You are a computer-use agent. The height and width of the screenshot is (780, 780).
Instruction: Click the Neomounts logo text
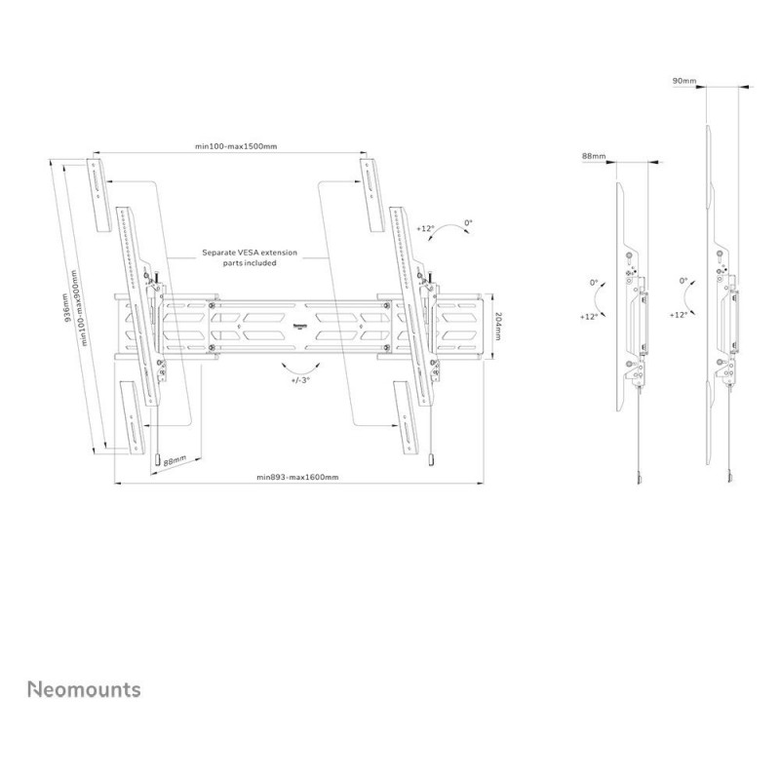point(84,689)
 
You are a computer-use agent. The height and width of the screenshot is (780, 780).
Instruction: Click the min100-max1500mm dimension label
point(236,146)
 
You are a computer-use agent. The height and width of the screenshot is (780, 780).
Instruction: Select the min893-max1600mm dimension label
point(297,477)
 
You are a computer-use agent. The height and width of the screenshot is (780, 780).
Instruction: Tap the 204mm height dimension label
point(498,327)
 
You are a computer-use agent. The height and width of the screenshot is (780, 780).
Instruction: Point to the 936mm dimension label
point(66,307)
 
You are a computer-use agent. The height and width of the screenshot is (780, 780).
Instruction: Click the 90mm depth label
point(684,81)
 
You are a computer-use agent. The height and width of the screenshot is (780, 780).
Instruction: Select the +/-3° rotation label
point(300,379)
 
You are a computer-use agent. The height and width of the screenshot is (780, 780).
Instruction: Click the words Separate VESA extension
point(250,253)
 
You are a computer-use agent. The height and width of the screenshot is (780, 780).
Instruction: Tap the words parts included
point(250,262)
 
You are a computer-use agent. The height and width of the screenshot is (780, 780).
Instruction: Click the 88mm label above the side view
point(594,156)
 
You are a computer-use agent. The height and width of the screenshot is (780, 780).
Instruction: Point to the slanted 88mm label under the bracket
point(175,460)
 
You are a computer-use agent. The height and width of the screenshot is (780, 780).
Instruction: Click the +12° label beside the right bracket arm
point(425,228)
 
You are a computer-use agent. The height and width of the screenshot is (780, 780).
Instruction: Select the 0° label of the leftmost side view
point(594,283)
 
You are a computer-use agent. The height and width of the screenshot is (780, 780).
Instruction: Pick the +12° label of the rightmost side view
point(678,315)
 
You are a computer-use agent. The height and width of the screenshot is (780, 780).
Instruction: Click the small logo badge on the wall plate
point(300,327)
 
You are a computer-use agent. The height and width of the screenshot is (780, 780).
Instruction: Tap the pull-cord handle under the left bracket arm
point(158,459)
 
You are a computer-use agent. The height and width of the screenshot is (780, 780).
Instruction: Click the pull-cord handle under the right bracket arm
point(428,459)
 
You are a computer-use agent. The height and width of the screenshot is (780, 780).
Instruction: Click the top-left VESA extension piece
point(99,194)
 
